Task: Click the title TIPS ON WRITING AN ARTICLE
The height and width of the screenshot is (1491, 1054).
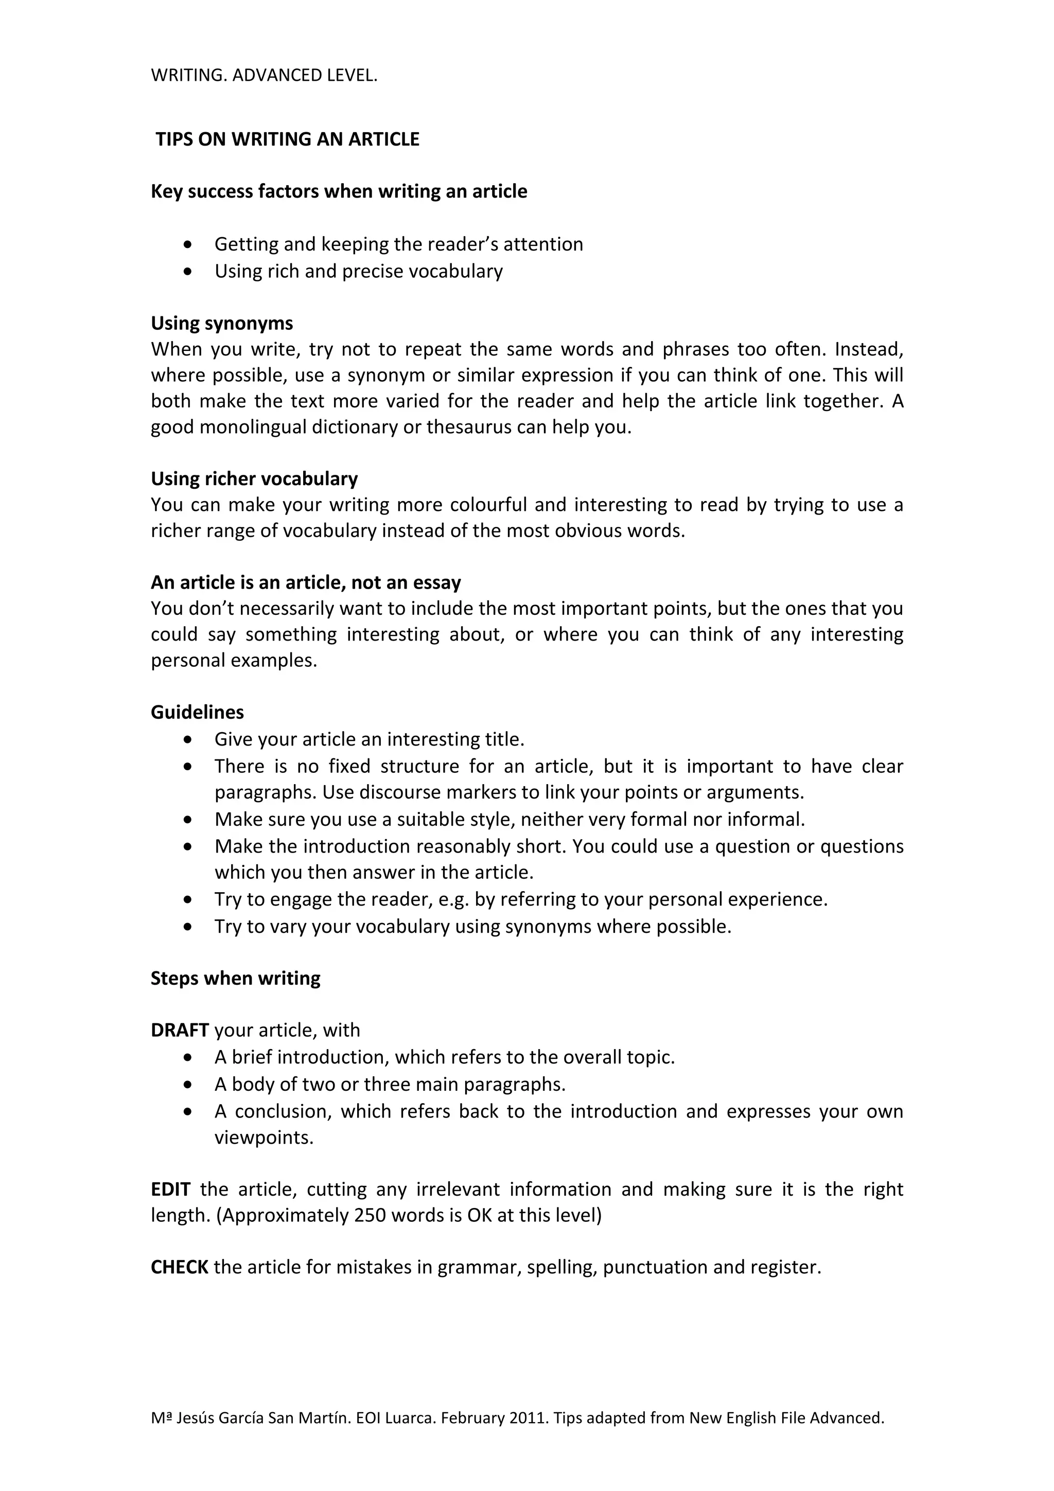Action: click(287, 139)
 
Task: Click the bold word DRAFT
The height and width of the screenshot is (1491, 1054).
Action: click(179, 1030)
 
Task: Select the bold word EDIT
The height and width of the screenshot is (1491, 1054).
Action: click(170, 1189)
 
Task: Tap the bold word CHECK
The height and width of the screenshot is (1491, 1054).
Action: click(179, 1267)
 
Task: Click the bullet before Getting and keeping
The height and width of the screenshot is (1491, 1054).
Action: click(188, 245)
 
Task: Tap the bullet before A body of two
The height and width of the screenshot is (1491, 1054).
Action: click(188, 1085)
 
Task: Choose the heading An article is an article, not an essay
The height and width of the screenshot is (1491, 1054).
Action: click(305, 582)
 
